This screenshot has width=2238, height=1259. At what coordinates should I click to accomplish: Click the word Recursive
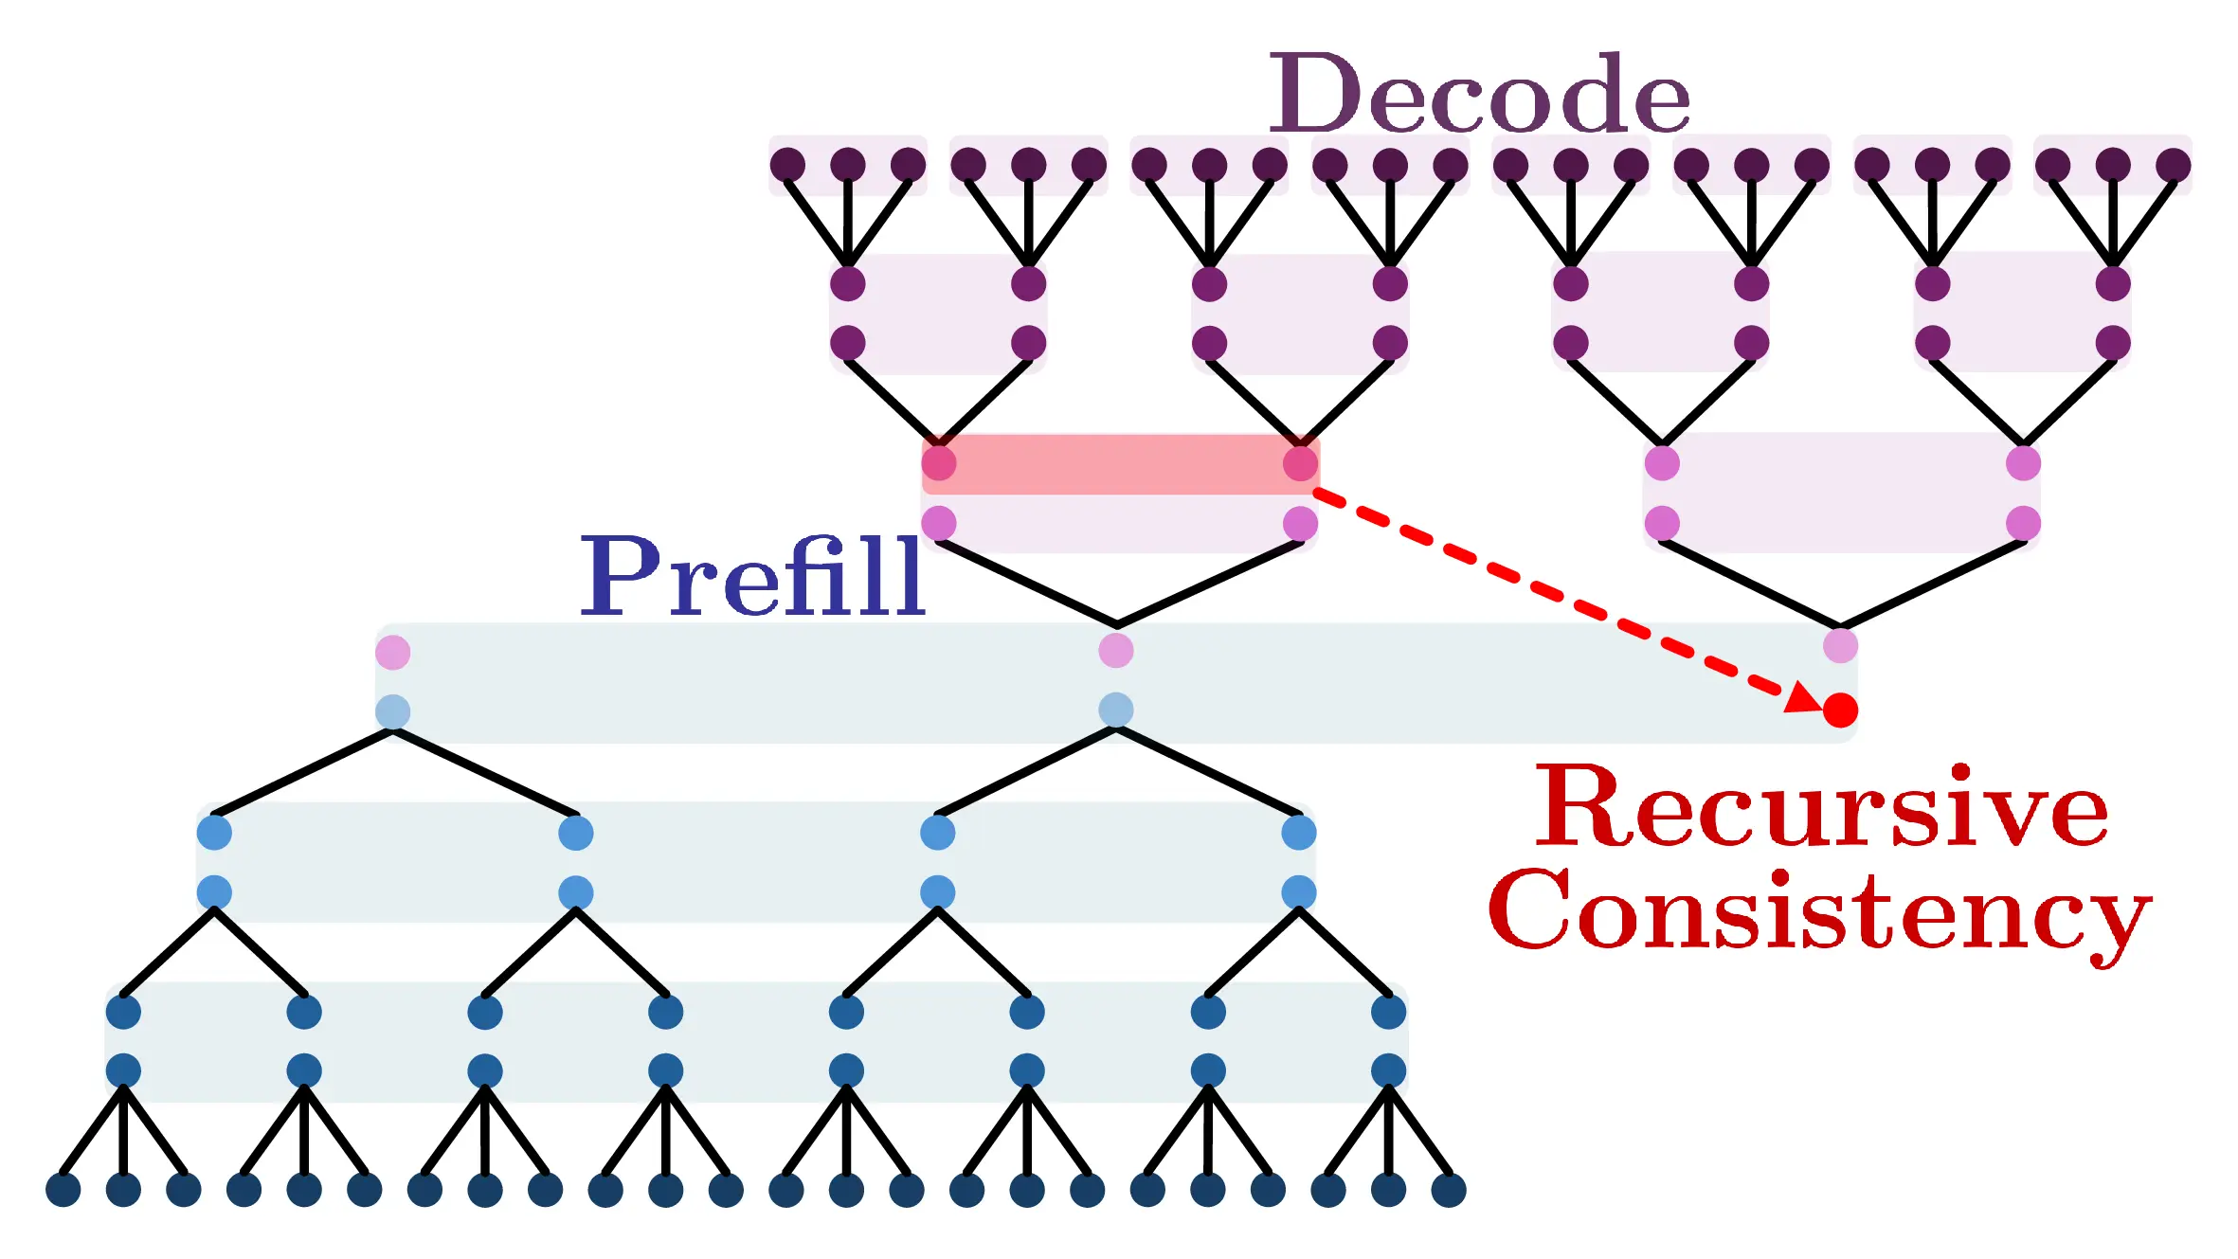coord(1821,807)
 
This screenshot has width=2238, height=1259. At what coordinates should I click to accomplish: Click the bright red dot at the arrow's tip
coord(1840,710)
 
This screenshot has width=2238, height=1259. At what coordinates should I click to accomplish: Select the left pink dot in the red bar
coord(938,463)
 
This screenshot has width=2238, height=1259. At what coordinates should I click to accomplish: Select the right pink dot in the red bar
coord(1300,463)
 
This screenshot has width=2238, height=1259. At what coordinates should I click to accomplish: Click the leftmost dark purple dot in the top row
coord(787,165)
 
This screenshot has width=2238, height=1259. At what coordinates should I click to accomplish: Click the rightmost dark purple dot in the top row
coord(2173,165)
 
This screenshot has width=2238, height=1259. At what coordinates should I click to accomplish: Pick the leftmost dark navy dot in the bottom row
coord(63,1189)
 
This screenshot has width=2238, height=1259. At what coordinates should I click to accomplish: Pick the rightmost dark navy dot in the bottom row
coord(1449,1189)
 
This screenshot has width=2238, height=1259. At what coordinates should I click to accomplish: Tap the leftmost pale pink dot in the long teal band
coord(392,652)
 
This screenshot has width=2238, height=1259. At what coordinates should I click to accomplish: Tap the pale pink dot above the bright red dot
coord(1840,646)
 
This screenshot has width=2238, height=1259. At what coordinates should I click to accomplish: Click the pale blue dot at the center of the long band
coord(1116,710)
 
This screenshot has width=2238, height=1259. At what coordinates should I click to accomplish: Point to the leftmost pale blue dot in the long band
coord(392,710)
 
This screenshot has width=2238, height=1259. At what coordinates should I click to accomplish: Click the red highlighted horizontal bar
coord(1118,464)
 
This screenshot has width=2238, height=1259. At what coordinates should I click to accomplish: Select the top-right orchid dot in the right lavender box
coord(2023,463)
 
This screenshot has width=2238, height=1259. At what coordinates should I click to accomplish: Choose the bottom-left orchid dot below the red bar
coord(938,523)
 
